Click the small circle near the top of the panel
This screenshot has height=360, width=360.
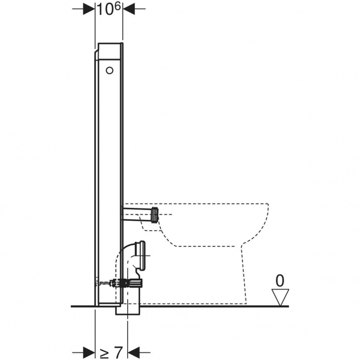click(x=109, y=70)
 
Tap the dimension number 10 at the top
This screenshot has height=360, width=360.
click(x=106, y=9)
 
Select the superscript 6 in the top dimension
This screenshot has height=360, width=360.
click(x=117, y=7)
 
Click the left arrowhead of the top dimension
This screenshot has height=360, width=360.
click(x=89, y=9)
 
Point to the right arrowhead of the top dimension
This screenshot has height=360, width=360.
click(x=129, y=9)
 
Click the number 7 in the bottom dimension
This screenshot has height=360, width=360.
click(x=118, y=352)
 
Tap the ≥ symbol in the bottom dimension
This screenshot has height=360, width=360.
click(x=104, y=352)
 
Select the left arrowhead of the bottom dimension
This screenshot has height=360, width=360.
click(x=89, y=352)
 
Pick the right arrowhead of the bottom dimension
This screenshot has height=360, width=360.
click(x=134, y=352)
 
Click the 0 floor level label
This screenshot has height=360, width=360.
click(x=280, y=280)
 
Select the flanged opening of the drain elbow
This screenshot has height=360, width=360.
click(x=141, y=256)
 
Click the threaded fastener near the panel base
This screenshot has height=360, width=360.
click(x=107, y=283)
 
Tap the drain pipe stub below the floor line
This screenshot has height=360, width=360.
click(x=128, y=310)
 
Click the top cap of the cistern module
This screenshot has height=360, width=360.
click(x=109, y=51)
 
